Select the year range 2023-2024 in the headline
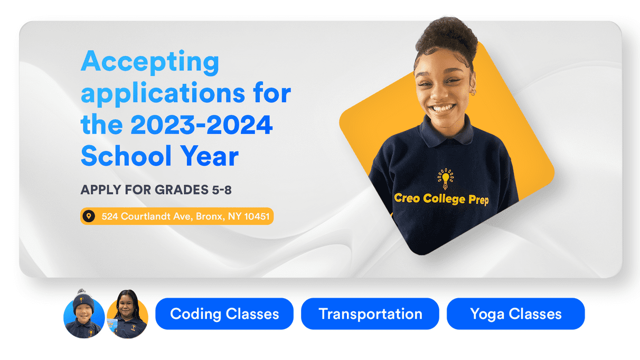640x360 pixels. point(201,125)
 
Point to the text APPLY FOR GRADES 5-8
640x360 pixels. point(156,190)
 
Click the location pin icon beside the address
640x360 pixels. point(89,216)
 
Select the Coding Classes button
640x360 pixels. point(224,314)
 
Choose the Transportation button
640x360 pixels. point(370,314)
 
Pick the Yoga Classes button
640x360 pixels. point(516,314)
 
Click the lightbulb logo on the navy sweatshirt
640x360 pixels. point(446,178)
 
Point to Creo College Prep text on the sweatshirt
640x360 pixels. point(441,199)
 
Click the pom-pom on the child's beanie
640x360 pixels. point(81,292)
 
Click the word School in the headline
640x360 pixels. point(126,156)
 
